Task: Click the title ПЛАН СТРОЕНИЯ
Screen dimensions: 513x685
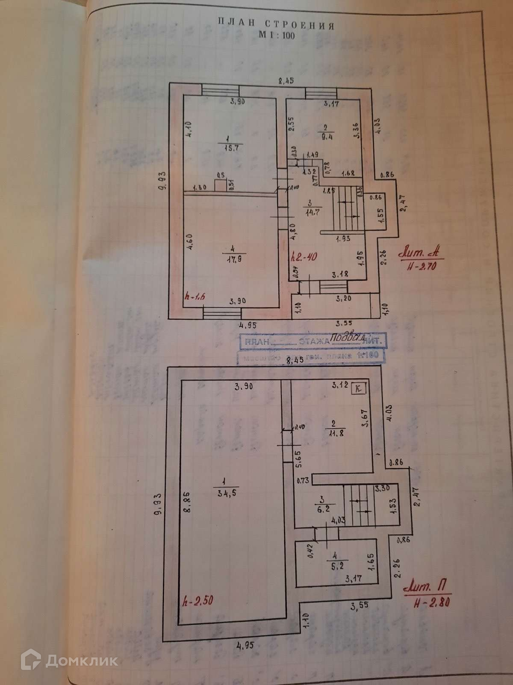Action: [x=276, y=24]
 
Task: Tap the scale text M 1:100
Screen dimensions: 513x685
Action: [x=276, y=36]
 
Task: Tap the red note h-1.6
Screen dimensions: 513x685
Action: [x=196, y=296]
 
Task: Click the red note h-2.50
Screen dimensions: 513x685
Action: [x=197, y=600]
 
